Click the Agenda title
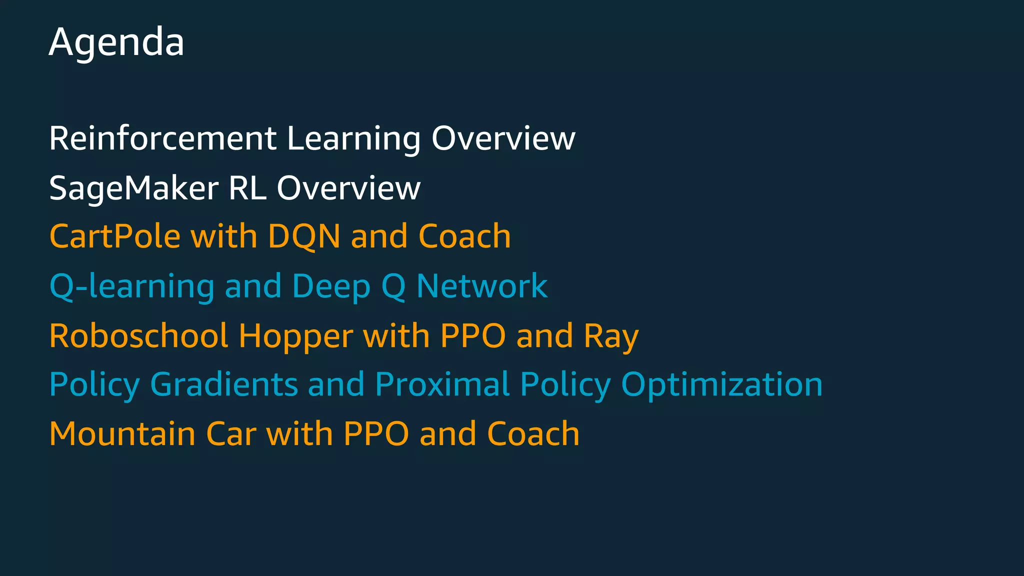(x=116, y=42)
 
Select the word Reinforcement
(x=162, y=138)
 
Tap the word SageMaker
(x=134, y=188)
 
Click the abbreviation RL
(x=247, y=188)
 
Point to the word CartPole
(x=114, y=236)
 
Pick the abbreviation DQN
(x=304, y=236)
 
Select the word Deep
(x=331, y=286)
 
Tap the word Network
(x=482, y=286)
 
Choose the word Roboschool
(x=138, y=335)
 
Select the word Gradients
(x=224, y=384)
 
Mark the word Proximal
(x=442, y=384)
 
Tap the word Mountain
(x=122, y=433)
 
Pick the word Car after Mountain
(x=231, y=433)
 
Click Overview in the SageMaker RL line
(x=348, y=188)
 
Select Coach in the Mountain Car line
(x=533, y=433)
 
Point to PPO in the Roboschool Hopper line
(x=473, y=335)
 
